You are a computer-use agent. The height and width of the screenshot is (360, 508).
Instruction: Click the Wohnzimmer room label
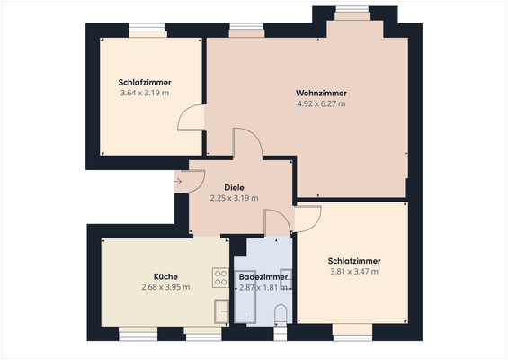tap(321, 94)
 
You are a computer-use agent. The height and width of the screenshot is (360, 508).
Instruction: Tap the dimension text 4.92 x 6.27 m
tap(321, 103)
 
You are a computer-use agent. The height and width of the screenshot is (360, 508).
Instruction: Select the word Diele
tap(234, 188)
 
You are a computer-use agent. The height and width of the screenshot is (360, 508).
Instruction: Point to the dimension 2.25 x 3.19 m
tap(234, 198)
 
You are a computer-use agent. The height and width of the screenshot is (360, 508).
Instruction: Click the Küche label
tap(165, 276)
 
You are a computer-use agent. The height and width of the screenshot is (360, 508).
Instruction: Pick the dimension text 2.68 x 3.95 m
tap(165, 287)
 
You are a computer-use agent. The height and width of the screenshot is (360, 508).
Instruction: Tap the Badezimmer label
tap(263, 276)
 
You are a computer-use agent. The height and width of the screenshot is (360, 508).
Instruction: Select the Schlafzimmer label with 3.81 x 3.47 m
tap(353, 261)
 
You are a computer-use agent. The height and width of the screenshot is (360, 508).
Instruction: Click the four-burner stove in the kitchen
tap(219, 276)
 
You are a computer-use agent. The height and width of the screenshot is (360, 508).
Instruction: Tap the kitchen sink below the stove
tap(220, 310)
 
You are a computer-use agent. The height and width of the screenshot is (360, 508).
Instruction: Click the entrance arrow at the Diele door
tap(178, 182)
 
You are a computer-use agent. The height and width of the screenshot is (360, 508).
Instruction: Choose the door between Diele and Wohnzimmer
tap(248, 144)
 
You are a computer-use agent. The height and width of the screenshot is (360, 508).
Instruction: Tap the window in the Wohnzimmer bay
tap(352, 14)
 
